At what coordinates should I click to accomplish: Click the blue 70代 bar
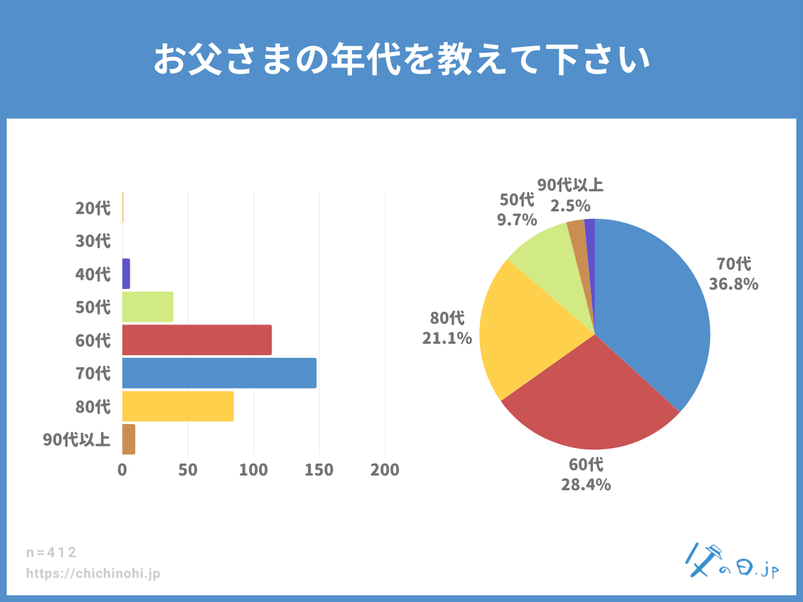coord(219,373)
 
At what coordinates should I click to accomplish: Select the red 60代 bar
coord(197,340)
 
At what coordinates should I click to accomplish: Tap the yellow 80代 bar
coord(178,407)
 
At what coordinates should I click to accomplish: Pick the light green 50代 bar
coord(148,307)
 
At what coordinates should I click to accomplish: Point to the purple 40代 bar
coord(126,274)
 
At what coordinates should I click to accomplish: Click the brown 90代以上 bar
coord(128,439)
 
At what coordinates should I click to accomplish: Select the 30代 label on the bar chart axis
coord(93,241)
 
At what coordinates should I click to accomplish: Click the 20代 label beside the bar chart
coord(93,208)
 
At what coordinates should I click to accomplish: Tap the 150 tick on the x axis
coord(319,470)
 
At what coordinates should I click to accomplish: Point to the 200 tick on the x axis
coord(385,470)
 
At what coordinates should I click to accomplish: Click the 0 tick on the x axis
coord(122,470)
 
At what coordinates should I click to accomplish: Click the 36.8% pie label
coord(733,284)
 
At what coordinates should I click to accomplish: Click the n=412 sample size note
coord(52,553)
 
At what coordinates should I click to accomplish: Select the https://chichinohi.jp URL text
coord(93,574)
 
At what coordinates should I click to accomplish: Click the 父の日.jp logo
coord(732,562)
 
